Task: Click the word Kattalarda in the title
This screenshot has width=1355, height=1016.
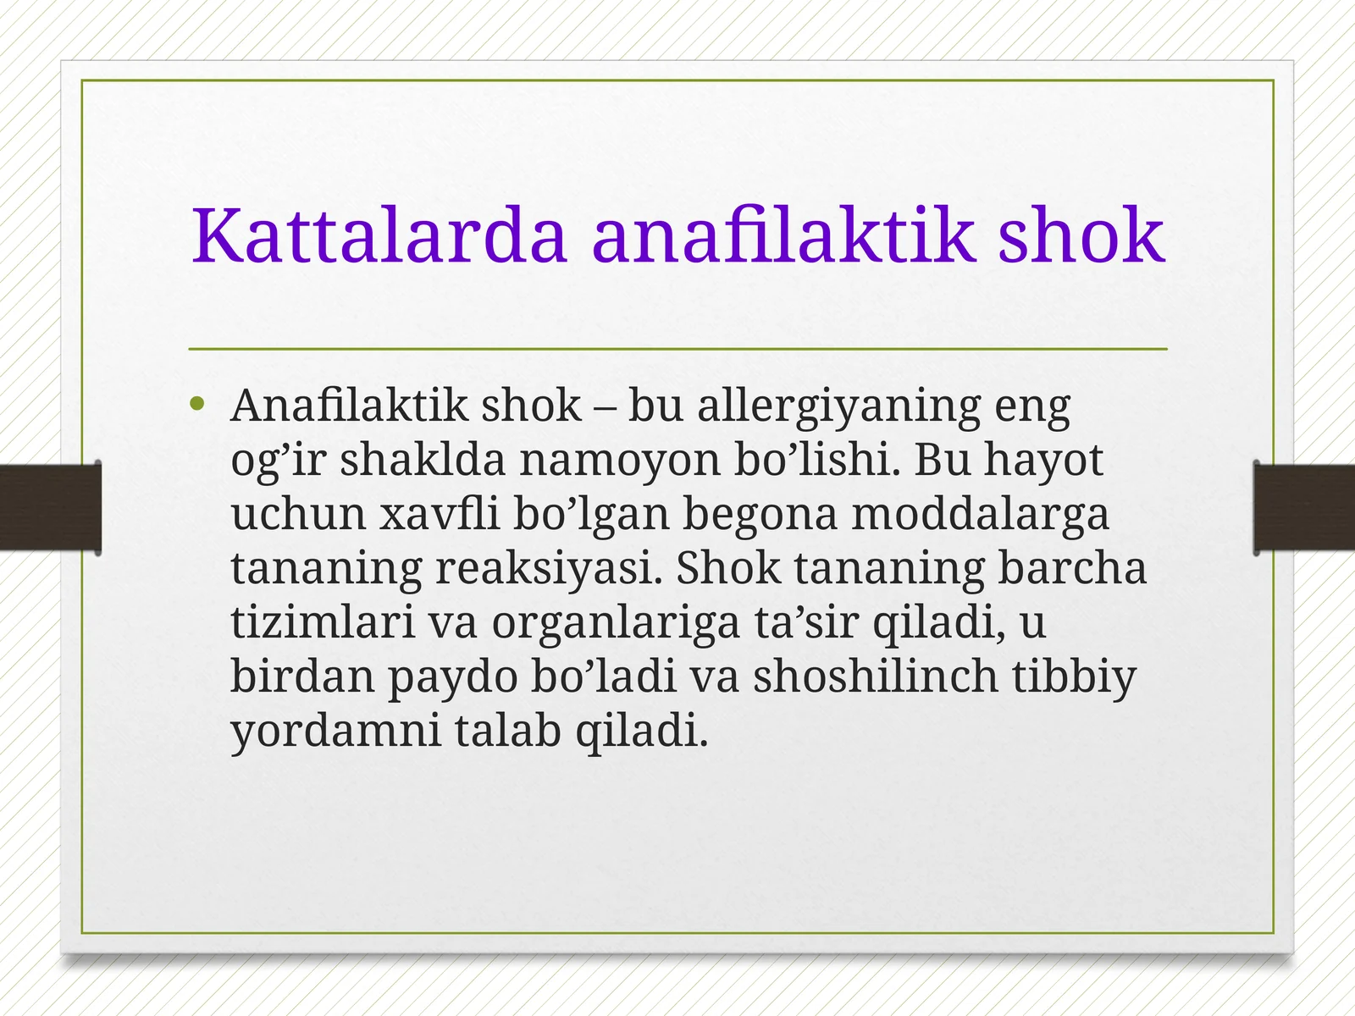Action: click(x=379, y=235)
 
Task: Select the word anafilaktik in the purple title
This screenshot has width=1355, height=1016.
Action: click(x=783, y=235)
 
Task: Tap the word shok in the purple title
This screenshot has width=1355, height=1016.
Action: click(x=1081, y=235)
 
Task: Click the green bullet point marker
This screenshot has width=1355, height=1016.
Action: click(x=198, y=405)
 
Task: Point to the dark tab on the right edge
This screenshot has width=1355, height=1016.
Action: click(x=1304, y=507)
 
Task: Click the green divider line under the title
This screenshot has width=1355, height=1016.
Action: click(x=677, y=349)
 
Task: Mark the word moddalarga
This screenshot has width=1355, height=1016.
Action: click(x=980, y=515)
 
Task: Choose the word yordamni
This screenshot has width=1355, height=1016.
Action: click(x=336, y=732)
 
